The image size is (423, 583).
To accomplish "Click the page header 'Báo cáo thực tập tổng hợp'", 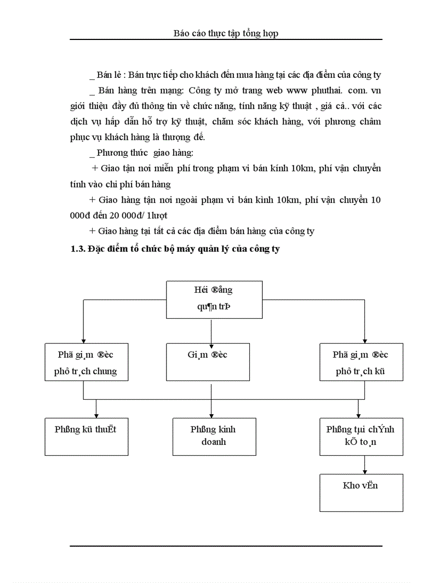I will tap(225, 33).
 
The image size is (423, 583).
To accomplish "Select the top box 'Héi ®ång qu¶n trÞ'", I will tap(214, 299).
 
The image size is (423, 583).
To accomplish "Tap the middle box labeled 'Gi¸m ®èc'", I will tap(207, 362).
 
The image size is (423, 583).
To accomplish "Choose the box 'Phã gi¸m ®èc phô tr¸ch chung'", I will tap(86, 362).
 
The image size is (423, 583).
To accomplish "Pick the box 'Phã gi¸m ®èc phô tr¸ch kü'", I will tap(361, 362).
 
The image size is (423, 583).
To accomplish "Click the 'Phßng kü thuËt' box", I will tap(86, 437).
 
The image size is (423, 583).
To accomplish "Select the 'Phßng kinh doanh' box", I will tap(214, 437).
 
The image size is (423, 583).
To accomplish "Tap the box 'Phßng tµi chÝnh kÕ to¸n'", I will tap(361, 437).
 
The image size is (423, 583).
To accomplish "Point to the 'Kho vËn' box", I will tap(361, 492).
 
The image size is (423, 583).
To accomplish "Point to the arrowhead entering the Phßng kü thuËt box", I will tap(97, 415).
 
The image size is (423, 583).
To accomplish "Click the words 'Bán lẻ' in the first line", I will tap(108, 75).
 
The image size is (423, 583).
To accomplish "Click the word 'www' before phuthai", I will tap(295, 90).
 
